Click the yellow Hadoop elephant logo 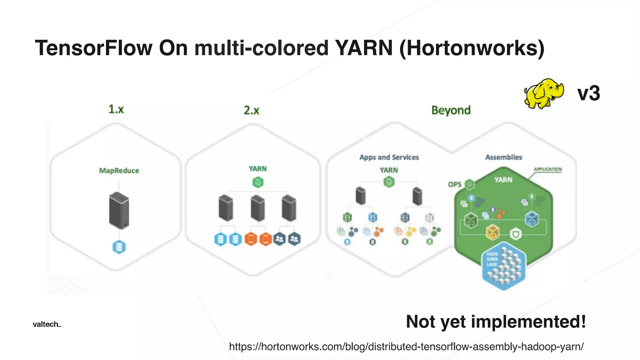pyautogui.click(x=543, y=93)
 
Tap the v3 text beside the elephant pyautogui.click(x=588, y=93)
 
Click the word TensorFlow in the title pyautogui.click(x=93, y=48)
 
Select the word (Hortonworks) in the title pyautogui.click(x=472, y=48)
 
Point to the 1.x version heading pyautogui.click(x=116, y=109)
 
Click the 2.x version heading pyautogui.click(x=251, y=110)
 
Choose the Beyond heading pyautogui.click(x=451, y=110)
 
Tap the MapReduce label pyautogui.click(x=119, y=171)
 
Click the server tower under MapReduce pyautogui.click(x=119, y=211)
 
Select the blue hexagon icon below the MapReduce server pyautogui.click(x=119, y=247)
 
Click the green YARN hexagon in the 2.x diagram pyautogui.click(x=258, y=182)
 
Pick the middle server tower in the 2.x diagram pyautogui.click(x=258, y=208)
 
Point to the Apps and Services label pyautogui.click(x=389, y=157)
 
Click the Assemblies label pyautogui.click(x=503, y=157)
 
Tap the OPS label pyautogui.click(x=455, y=184)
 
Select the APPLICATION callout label pyautogui.click(x=547, y=169)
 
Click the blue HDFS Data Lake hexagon pyautogui.click(x=503, y=266)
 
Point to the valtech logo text pyautogui.click(x=47, y=324)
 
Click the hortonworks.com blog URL pyautogui.click(x=406, y=347)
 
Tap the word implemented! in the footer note pyautogui.click(x=528, y=322)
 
